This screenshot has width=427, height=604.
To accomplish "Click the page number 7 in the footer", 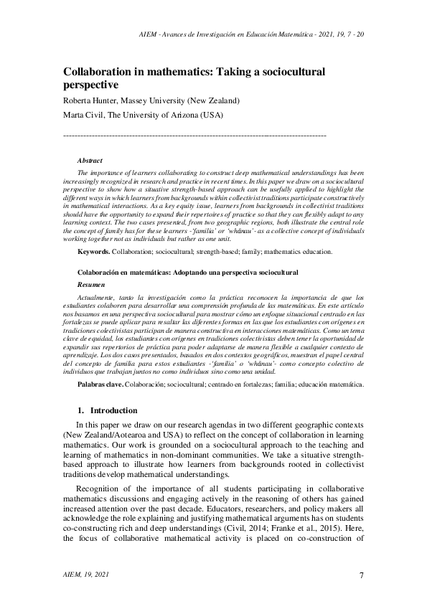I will point(362,575).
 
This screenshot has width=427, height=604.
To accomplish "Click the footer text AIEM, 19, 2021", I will point(87,575).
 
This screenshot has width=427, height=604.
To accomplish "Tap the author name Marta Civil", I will point(82,115).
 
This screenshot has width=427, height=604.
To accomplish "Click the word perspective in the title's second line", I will point(93,85).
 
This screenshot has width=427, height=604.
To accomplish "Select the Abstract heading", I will point(90,161).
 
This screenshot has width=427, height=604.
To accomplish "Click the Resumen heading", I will point(90,285).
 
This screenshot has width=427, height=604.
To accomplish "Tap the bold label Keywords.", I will point(93,252).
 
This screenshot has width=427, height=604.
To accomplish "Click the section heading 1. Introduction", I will point(107,410).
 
